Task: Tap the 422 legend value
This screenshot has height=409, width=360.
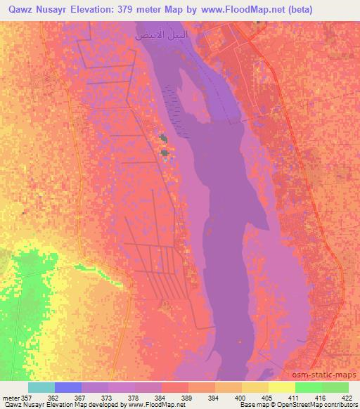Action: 347,397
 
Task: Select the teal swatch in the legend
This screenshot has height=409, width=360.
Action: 41,387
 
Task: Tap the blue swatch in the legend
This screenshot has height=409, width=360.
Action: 68,387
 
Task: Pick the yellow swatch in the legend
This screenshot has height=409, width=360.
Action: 281,387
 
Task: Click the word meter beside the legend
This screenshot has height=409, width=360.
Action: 9,397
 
